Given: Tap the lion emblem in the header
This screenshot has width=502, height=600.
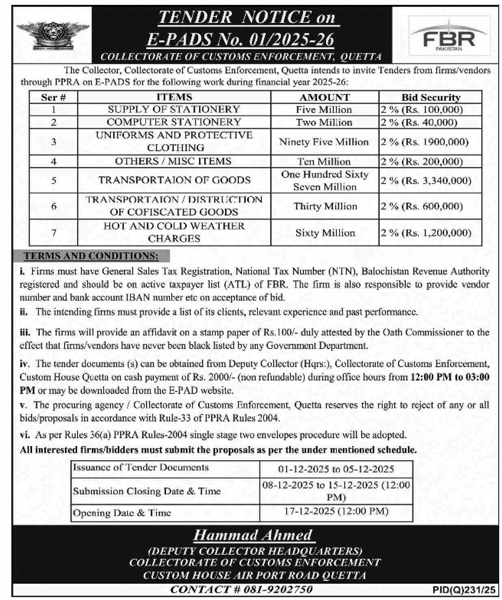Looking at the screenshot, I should tap(52, 35).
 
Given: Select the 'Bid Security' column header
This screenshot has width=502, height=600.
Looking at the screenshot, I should tap(431, 97).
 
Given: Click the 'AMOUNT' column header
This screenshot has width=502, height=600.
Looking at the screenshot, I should tap(325, 97).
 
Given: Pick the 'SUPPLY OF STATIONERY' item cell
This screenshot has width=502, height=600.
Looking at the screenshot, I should tap(174, 110).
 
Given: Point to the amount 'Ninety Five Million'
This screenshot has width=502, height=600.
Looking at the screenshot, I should tap(324, 142).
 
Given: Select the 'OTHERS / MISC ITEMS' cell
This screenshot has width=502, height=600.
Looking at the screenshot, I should tap(173, 161).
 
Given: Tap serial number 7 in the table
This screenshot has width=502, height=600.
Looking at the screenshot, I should tap(54, 233).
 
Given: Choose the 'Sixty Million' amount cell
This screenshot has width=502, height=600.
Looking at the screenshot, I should tap(325, 233).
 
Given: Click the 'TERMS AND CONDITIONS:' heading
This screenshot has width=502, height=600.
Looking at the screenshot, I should tap(91, 256).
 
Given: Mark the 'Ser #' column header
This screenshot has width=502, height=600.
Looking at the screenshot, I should tap(53, 97).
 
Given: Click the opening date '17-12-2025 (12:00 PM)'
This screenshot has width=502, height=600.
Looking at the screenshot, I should tap(336, 511).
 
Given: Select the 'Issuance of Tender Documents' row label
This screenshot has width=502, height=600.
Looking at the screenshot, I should tap(141, 468).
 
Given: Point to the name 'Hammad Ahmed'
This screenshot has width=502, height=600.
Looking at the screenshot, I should tap(253, 535).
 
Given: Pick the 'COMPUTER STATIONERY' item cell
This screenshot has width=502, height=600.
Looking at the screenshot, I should tap(174, 122).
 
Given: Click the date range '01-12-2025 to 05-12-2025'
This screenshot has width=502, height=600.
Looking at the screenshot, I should tap(336, 469).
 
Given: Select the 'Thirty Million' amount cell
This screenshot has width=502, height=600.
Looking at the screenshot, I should tap(325, 206).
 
